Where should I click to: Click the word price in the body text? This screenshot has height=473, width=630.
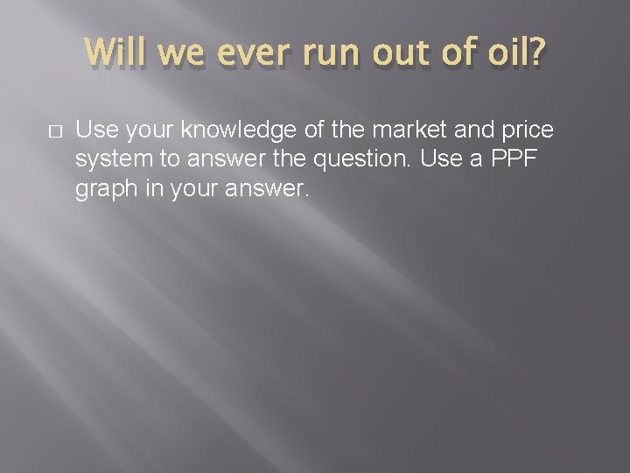tap(523, 131)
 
